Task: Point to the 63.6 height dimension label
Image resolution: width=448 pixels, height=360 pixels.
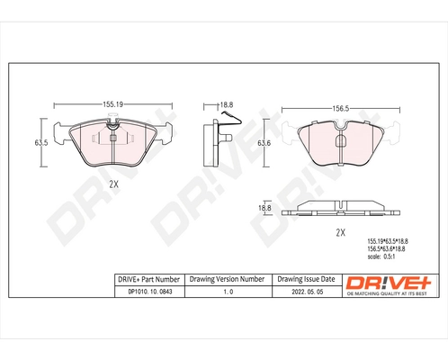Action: point(264,143)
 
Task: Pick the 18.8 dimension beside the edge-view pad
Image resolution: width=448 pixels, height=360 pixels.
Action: point(264,208)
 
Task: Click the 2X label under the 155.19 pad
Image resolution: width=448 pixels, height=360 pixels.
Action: point(113,184)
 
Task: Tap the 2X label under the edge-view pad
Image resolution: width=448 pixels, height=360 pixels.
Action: point(340,232)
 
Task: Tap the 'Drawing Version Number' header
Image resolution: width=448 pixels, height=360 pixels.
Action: point(226,279)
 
